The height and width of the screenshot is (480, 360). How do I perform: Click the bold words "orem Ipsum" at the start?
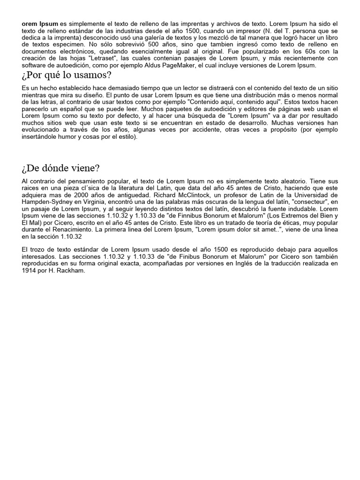point(40,23)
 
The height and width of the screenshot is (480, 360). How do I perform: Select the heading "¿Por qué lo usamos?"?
point(67,75)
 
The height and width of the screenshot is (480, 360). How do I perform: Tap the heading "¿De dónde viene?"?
point(61,168)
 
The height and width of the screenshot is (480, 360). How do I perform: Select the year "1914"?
point(30,272)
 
